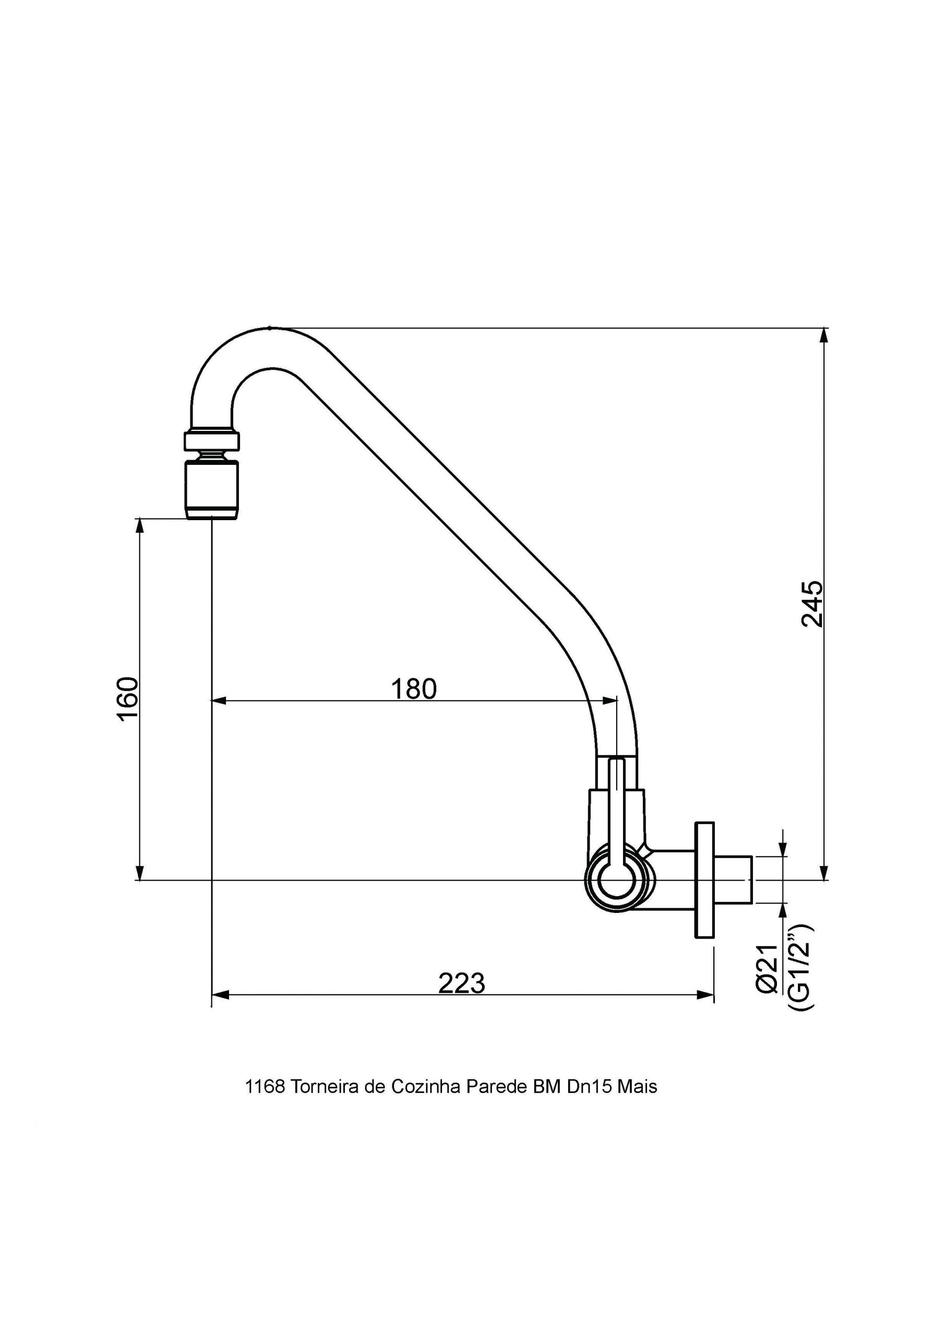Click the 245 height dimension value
click(x=812, y=603)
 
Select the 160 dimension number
click(x=128, y=699)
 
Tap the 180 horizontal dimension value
click(x=413, y=689)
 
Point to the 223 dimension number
click(x=461, y=983)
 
